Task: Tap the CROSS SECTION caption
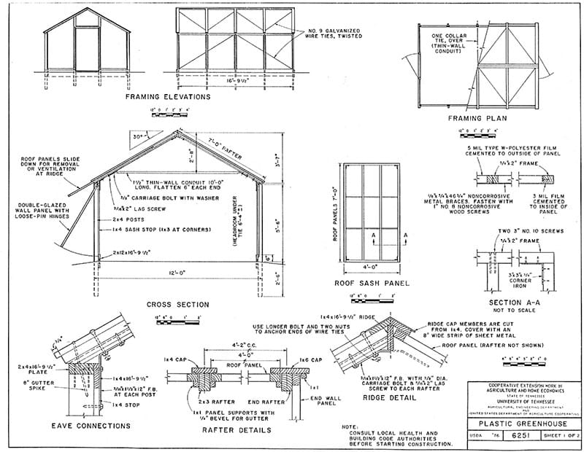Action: pyautogui.click(x=178, y=304)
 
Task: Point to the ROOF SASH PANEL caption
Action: pyautogui.click(x=371, y=283)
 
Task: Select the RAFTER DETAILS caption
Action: pyautogui.click(x=236, y=430)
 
